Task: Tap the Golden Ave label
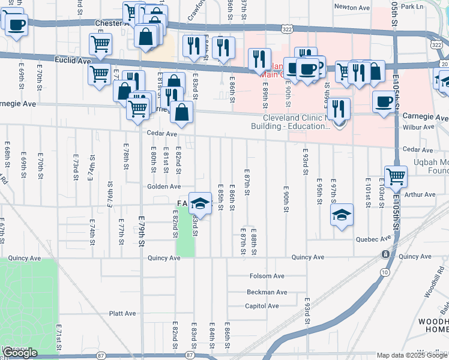click(x=164, y=187)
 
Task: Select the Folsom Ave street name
click(x=267, y=276)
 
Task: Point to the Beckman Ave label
click(x=267, y=292)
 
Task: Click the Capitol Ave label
click(x=262, y=306)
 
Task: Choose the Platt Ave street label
click(x=122, y=313)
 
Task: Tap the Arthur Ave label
click(x=420, y=194)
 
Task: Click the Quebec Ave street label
click(x=369, y=239)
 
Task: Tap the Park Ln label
click(x=412, y=7)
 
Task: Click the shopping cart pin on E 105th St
click(x=396, y=176)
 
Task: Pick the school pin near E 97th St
click(x=342, y=215)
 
